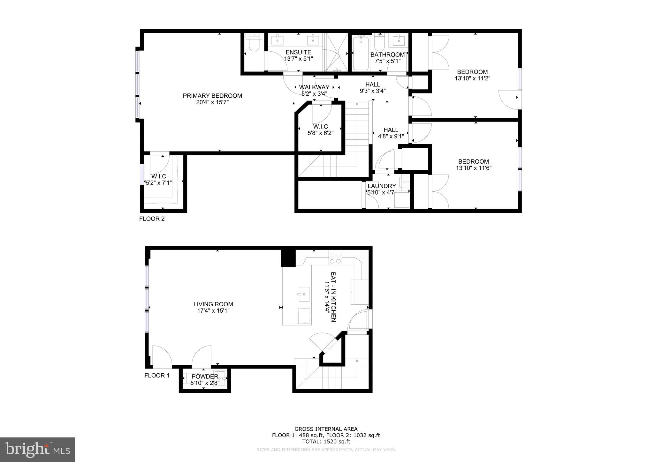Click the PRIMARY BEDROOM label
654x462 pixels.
(x=212, y=96)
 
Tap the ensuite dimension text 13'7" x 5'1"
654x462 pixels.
(x=298, y=59)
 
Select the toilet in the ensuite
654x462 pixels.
(x=254, y=44)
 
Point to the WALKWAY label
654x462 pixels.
(x=314, y=87)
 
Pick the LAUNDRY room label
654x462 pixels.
(x=382, y=186)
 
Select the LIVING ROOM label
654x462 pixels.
(x=213, y=304)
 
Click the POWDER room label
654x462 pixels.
(x=205, y=377)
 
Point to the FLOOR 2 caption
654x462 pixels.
(x=152, y=219)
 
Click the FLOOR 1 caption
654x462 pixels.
(x=157, y=376)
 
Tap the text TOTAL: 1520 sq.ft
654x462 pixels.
(x=326, y=442)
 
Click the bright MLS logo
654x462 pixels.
(x=37, y=450)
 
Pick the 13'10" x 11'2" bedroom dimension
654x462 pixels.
(x=472, y=78)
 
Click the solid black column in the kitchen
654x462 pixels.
(x=288, y=258)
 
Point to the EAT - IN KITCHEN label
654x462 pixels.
(x=333, y=297)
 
